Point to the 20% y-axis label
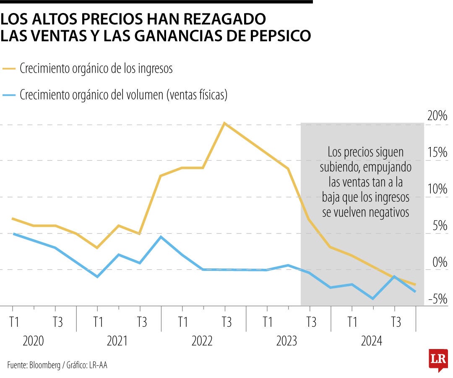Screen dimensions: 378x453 (x=437, y=116)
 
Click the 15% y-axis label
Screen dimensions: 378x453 (x=437, y=152)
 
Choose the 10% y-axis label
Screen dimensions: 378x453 (x=437, y=189)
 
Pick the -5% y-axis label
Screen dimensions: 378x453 (x=437, y=299)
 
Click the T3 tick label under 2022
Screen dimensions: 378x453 (x=226, y=323)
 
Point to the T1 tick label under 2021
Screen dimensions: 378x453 (x=98, y=323)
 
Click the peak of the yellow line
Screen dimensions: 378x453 (x=224, y=123)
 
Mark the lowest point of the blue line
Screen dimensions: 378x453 (x=372, y=299)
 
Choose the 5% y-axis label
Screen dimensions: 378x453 (x=440, y=226)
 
